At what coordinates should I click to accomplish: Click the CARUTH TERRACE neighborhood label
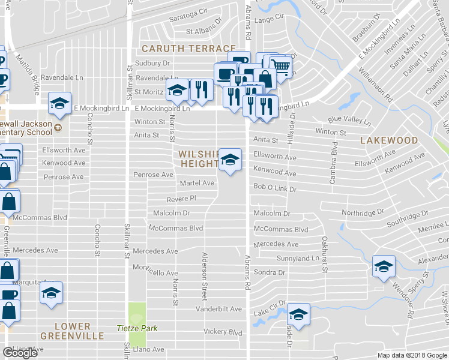click(x=188, y=48)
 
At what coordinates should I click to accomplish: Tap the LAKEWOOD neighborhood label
click(x=389, y=140)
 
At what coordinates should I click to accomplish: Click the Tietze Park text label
click(x=136, y=328)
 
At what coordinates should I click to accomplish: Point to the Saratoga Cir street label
click(x=187, y=11)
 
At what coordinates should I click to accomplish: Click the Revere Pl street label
click(x=181, y=198)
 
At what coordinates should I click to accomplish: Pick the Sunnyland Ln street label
click(x=296, y=258)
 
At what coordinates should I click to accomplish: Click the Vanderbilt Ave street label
click(x=219, y=310)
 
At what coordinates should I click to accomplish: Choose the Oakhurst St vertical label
click(x=324, y=254)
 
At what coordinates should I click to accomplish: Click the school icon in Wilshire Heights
click(x=229, y=160)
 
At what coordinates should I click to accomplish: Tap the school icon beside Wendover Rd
click(x=383, y=266)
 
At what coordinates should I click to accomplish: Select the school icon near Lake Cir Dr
click(x=298, y=314)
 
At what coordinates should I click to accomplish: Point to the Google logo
click(x=20, y=353)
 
